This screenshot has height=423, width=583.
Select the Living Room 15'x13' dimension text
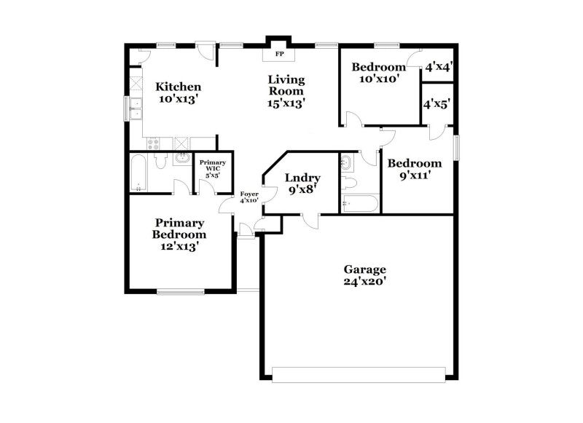pyautogui.click(x=286, y=103)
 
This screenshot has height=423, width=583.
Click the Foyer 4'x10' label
pyautogui.click(x=249, y=197)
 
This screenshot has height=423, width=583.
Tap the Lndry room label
pyautogui.click(x=298, y=177)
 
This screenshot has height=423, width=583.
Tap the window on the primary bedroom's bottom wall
pyautogui.click(x=180, y=292)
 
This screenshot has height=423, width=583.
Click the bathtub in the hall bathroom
pyautogui.click(x=359, y=204)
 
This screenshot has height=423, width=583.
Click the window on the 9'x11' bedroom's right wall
pyautogui.click(x=456, y=146)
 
